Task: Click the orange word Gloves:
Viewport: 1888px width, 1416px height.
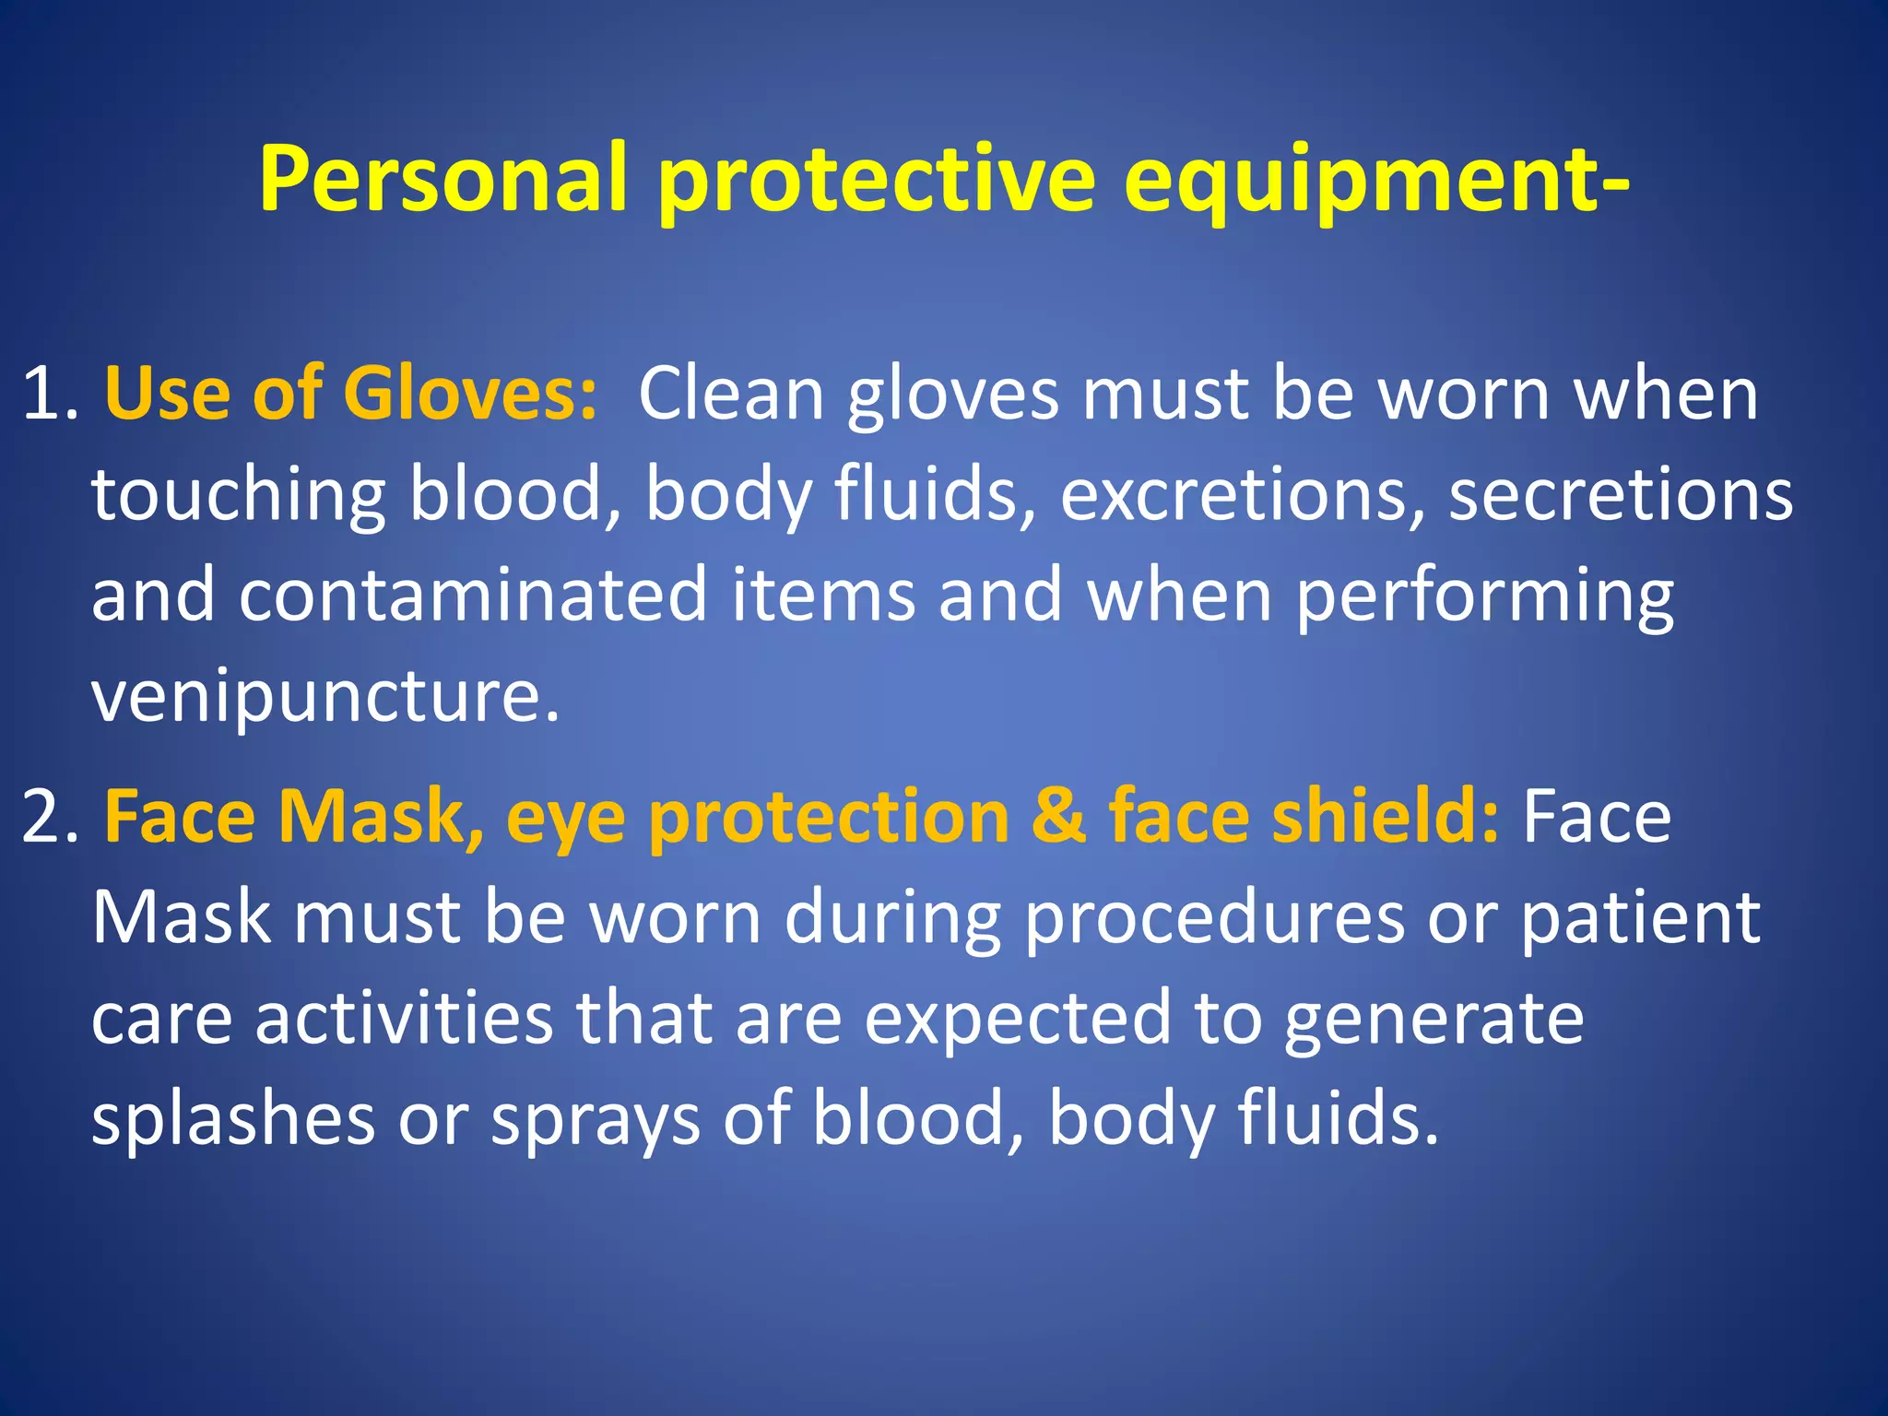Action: [470, 395]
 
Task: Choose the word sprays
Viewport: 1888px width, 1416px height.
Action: [595, 1121]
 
